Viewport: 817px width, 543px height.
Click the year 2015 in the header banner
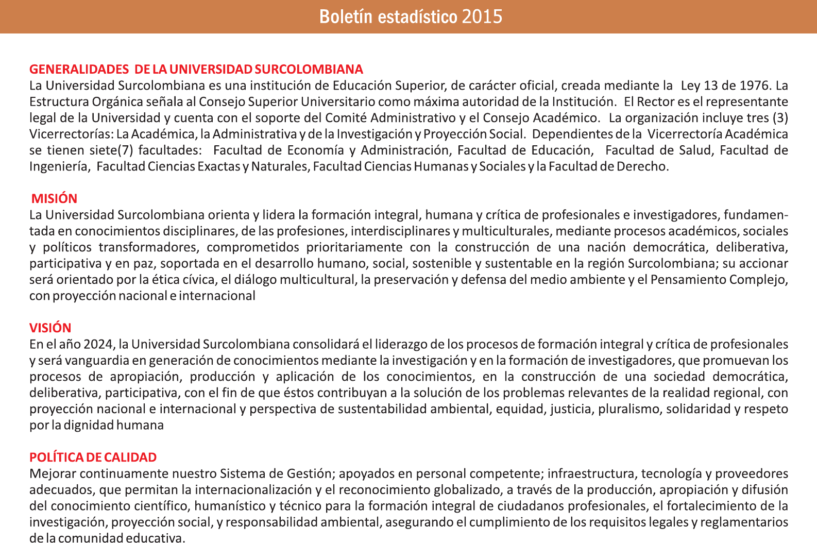tap(482, 16)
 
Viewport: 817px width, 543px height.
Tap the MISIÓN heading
tap(54, 198)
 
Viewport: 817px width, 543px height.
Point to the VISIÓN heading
tap(50, 328)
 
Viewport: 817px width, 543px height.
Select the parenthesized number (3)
tap(780, 117)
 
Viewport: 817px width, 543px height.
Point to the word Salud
tap(695, 150)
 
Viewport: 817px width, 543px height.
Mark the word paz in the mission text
tap(146, 264)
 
